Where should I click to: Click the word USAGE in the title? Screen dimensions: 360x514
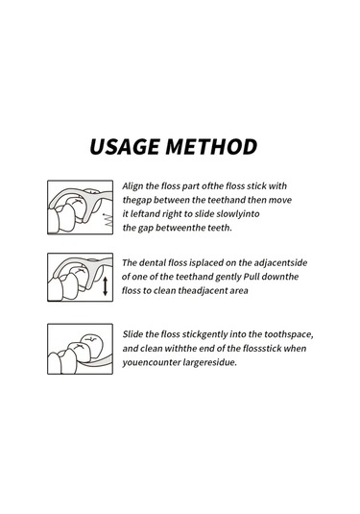point(125,147)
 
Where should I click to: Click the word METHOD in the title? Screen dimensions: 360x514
point(211,147)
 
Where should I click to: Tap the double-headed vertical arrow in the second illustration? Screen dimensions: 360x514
point(105,286)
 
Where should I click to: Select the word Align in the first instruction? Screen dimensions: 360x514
point(132,186)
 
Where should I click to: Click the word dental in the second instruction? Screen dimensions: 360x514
point(153,262)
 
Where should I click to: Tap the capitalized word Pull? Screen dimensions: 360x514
point(252,277)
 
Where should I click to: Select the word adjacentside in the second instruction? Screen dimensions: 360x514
point(280,263)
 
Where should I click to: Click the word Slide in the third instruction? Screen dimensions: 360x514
point(132,334)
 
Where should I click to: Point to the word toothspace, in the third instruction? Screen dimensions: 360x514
point(289,334)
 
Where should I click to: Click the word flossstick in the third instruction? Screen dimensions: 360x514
point(262,348)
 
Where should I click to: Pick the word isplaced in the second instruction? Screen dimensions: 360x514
point(204,263)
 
